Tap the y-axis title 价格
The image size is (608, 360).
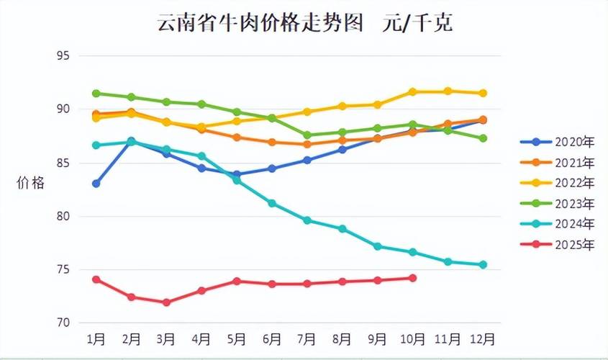point(30,184)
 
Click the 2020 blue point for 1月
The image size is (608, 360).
point(96,184)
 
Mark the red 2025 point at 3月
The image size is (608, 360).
point(166,302)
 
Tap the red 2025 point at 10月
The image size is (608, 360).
point(412,278)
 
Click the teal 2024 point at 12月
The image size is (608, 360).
point(483,265)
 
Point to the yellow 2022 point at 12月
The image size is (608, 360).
point(483,94)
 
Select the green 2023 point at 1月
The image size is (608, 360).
point(96,94)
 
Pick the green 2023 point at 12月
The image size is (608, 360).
point(483,138)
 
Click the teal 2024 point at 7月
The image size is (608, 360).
point(307,220)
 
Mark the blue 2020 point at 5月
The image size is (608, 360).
point(237,174)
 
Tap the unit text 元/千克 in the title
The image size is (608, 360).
point(420,23)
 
